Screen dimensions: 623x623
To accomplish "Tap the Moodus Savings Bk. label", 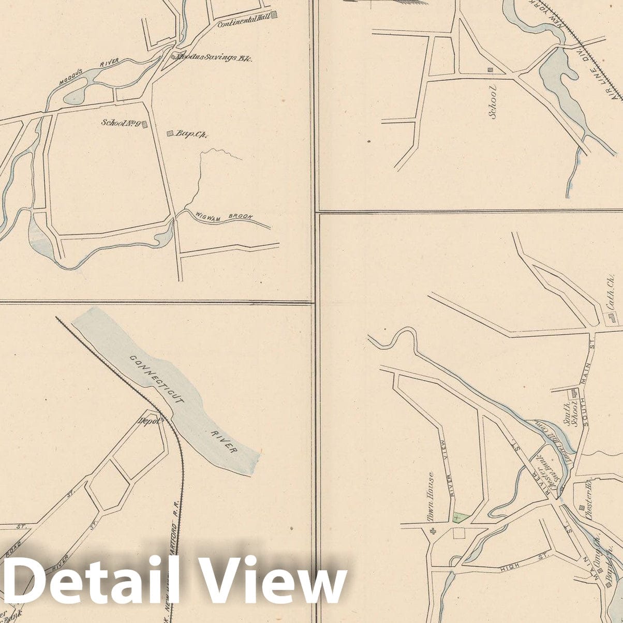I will [x=214, y=58].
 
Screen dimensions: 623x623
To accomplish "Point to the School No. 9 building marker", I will [x=145, y=124].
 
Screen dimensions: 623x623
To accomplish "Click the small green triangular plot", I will [x=461, y=517].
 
